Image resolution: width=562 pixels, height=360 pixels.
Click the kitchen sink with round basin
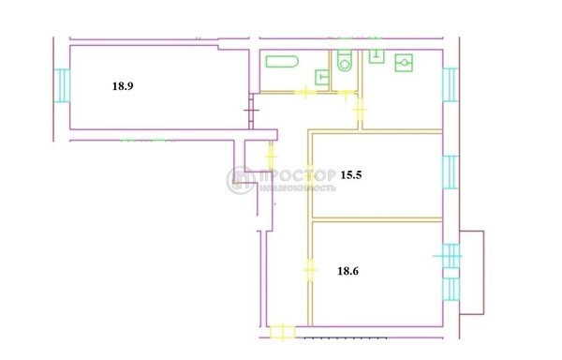[406, 63]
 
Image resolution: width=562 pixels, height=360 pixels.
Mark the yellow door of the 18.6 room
[309, 270]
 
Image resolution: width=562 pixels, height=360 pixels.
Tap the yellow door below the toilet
[348, 92]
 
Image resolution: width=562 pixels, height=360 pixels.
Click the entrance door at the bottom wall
[279, 331]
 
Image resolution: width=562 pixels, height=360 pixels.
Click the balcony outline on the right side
[474, 272]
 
